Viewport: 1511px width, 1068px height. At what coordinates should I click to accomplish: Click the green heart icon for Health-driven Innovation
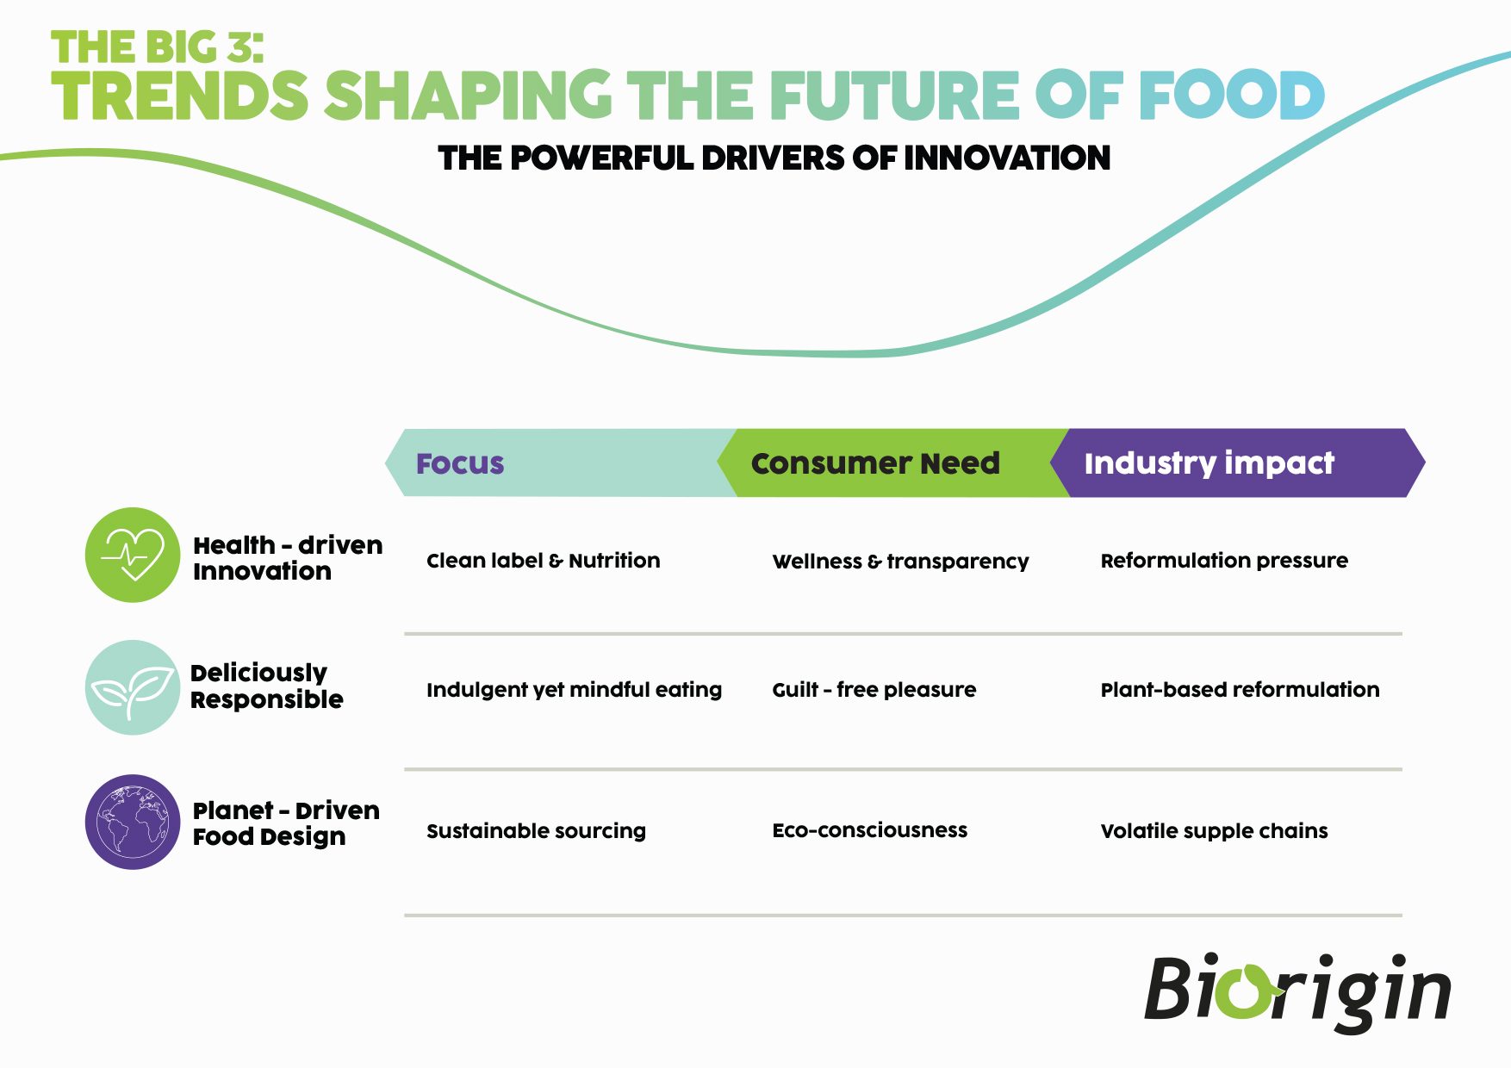click(133, 555)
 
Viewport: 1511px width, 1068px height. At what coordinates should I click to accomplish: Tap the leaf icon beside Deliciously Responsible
click(133, 687)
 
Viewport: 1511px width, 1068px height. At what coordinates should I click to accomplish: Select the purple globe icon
click(133, 822)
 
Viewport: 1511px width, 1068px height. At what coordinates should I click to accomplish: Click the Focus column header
click(460, 463)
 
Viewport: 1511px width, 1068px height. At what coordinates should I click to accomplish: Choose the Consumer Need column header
click(875, 463)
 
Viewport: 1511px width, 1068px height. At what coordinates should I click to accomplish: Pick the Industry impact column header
click(1209, 463)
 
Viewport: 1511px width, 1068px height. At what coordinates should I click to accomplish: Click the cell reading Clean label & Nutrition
click(544, 561)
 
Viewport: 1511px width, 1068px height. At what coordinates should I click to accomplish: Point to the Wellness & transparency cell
click(900, 562)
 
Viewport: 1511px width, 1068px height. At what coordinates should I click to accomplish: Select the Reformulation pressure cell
click(1224, 561)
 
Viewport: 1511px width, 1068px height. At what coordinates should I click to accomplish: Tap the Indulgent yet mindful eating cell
click(574, 690)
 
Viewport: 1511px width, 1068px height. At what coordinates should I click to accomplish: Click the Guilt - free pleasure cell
click(874, 690)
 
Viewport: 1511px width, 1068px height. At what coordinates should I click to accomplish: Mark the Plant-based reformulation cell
click(1240, 690)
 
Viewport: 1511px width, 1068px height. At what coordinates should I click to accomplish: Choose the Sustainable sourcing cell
click(536, 831)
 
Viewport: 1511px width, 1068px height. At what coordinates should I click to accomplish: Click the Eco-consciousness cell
click(870, 830)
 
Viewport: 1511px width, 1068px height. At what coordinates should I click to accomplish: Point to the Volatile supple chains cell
click(1214, 831)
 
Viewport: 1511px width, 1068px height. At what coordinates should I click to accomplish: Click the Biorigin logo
click(1297, 992)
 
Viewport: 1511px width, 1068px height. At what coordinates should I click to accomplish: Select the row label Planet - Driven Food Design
click(286, 823)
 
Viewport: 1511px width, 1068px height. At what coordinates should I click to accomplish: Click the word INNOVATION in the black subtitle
click(1007, 158)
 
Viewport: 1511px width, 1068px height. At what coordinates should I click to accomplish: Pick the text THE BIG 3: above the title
click(157, 47)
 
